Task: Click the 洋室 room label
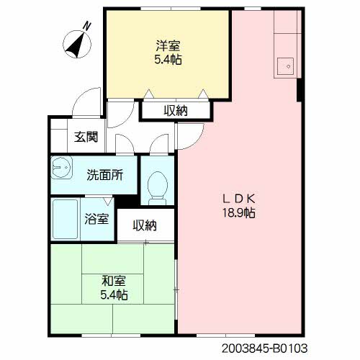pyautogui.click(x=168, y=45)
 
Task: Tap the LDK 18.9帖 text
pyautogui.click(x=239, y=205)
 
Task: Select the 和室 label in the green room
pyautogui.click(x=114, y=281)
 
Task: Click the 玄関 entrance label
pyautogui.click(x=86, y=137)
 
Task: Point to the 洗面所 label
pyautogui.click(x=105, y=175)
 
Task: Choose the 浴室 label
pyautogui.click(x=96, y=219)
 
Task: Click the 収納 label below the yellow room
pyautogui.click(x=176, y=111)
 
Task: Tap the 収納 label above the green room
pyautogui.click(x=145, y=225)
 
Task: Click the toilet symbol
pyautogui.click(x=158, y=188)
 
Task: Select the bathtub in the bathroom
pyautogui.click(x=66, y=220)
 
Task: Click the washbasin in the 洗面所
pyautogui.click(x=61, y=167)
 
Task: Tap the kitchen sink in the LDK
pyautogui.click(x=285, y=66)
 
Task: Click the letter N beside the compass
pyautogui.click(x=87, y=26)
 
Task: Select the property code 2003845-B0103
pyautogui.click(x=264, y=348)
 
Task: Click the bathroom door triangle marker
pyautogui.click(x=108, y=201)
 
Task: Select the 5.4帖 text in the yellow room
pyautogui.click(x=168, y=60)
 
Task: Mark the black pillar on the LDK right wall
pyautogui.click(x=300, y=90)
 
